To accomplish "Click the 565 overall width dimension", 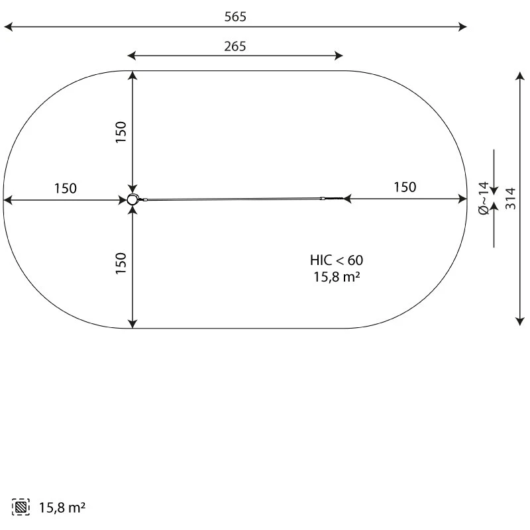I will tap(235, 17).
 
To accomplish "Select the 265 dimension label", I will tap(235, 46).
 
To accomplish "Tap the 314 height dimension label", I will tap(511, 198).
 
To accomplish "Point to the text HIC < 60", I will tap(336, 260).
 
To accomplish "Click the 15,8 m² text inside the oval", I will tap(336, 278).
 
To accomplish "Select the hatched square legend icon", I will tap(21, 507).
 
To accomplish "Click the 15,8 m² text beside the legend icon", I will tap(62, 508).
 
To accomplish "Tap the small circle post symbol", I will tap(132, 199).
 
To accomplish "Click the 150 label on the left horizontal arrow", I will tap(65, 188).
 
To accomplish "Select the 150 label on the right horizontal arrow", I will tap(405, 187).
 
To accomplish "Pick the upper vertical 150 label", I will tap(121, 132).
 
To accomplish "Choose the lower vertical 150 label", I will tap(121, 264).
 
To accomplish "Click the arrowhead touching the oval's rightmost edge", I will tap(463, 198).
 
